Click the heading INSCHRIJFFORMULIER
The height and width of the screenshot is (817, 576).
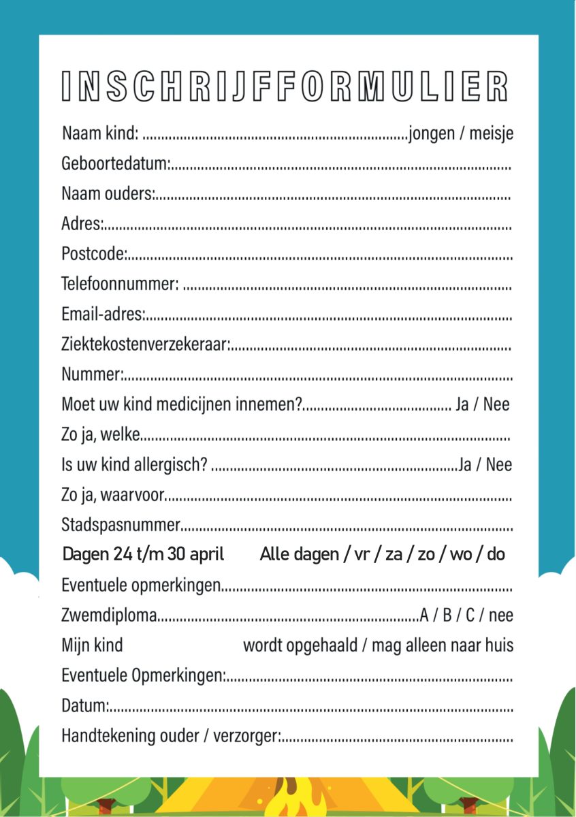click(x=285, y=86)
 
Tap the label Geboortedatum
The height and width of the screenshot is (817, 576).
click(x=114, y=164)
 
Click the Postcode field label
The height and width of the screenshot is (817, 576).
click(x=93, y=255)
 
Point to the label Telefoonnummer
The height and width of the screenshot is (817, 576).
click(x=120, y=284)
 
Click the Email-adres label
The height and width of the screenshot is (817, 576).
click(x=102, y=315)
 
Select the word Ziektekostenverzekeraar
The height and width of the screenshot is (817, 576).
click(x=145, y=345)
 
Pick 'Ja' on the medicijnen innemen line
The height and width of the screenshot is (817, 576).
click(x=462, y=404)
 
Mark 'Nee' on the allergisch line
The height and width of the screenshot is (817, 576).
click(x=499, y=465)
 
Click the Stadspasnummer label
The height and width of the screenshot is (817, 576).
click(x=121, y=525)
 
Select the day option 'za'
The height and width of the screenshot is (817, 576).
click(x=394, y=554)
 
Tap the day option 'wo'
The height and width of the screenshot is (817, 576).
click(x=461, y=554)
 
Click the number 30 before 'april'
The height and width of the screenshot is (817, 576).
click(x=176, y=554)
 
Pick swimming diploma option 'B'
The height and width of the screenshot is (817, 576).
click(x=447, y=615)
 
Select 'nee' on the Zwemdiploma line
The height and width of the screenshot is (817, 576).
click(x=500, y=615)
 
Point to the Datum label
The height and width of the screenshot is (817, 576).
click(x=84, y=706)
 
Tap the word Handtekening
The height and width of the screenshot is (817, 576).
click(x=101, y=736)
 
